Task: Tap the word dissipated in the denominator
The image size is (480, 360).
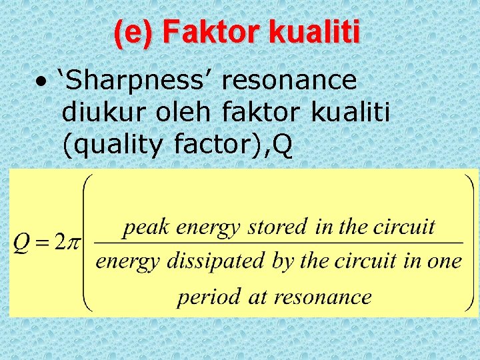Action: coord(214,261)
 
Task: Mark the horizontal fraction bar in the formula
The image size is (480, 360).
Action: coord(279,243)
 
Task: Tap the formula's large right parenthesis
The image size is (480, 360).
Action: coord(468,243)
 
